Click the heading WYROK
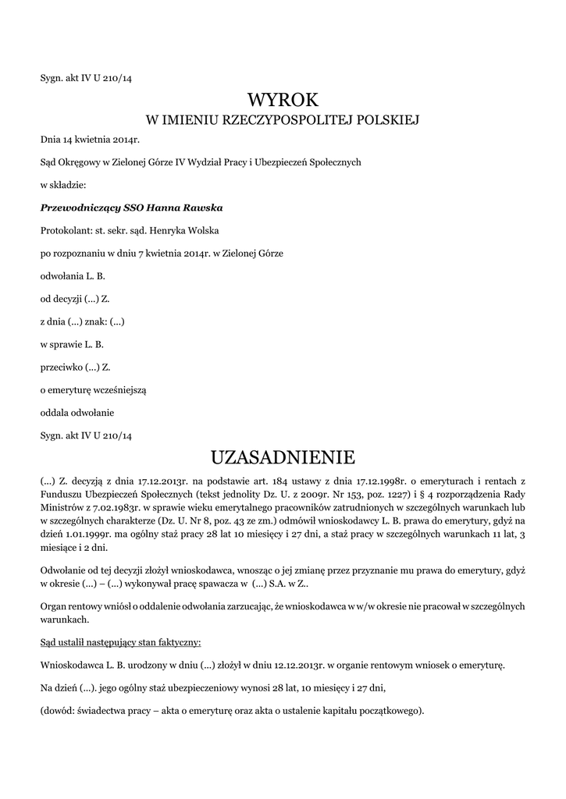[283, 99]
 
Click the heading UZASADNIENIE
[283, 456]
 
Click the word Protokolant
[66, 231]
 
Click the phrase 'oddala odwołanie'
[77, 412]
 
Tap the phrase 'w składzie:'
[63, 186]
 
